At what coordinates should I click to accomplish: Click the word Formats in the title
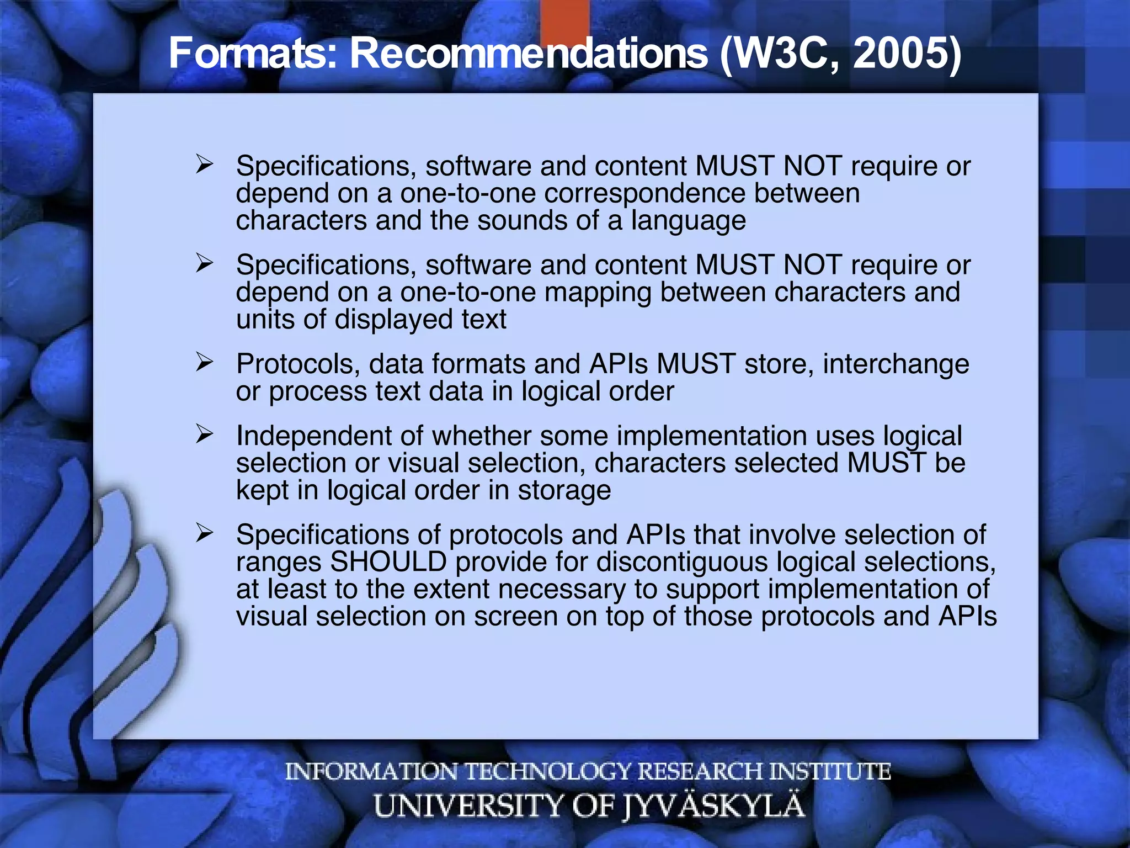click(x=252, y=54)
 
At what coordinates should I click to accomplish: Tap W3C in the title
click(x=780, y=54)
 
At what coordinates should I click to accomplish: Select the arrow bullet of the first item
click(x=204, y=165)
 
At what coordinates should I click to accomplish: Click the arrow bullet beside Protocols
click(x=204, y=362)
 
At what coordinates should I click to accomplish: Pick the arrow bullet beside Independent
click(x=204, y=434)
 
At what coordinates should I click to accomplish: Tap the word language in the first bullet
click(x=688, y=220)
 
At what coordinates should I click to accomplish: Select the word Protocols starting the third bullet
click(x=298, y=364)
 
